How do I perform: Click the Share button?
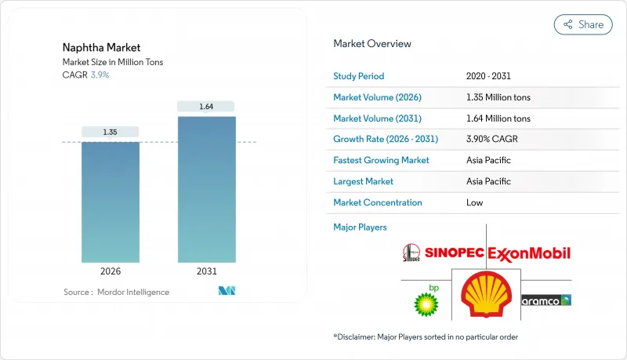pos(583,24)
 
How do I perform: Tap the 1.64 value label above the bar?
pos(206,106)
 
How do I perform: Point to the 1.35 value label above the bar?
pos(111,132)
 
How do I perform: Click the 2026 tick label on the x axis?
pos(111,271)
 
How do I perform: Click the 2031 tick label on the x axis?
pos(206,271)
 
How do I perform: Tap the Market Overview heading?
pos(371,44)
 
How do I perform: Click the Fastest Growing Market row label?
pos(381,160)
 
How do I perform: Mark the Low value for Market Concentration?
pos(474,202)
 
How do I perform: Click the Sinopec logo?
pos(443,253)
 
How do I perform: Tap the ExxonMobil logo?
pos(529,253)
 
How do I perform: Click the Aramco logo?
pos(545,300)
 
